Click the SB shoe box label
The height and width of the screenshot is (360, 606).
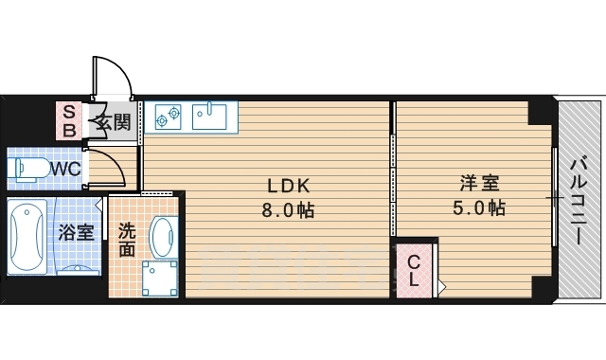(68, 120)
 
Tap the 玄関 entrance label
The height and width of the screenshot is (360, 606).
(112, 120)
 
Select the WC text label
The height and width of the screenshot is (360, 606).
(64, 169)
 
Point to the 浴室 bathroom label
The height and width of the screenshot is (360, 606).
(76, 231)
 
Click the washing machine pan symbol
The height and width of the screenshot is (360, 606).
(159, 279)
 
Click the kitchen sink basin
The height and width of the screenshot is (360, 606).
(209, 116)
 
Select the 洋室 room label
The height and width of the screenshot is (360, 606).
(480, 183)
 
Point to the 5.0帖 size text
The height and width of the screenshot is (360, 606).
(479, 207)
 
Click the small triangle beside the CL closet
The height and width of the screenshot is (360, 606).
(441, 284)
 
